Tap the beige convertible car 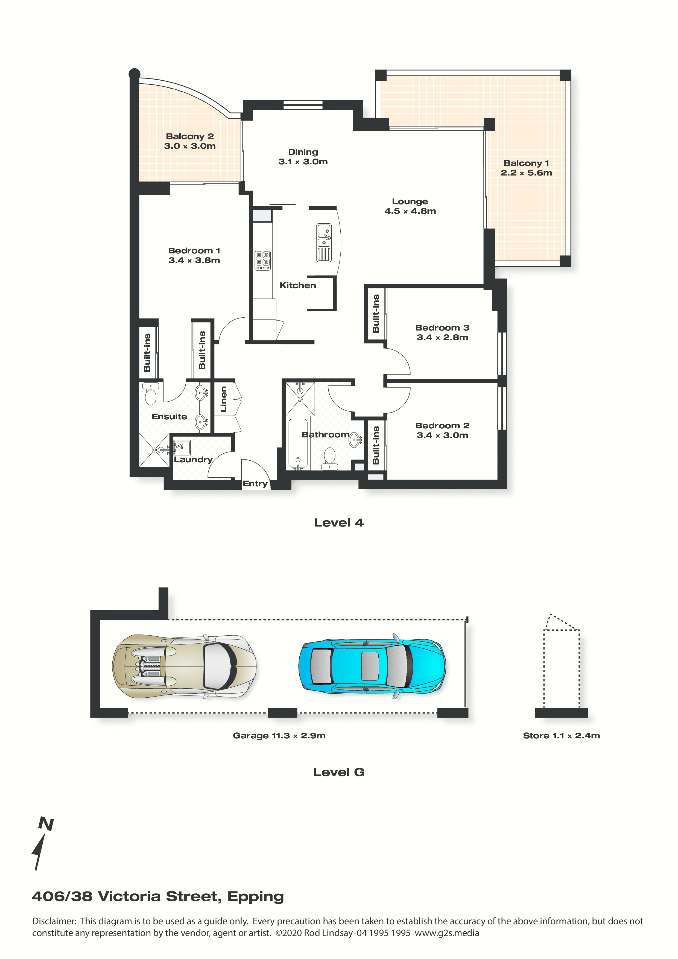(184, 666)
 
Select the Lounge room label (410, 201)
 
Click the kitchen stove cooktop (263, 260)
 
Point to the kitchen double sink (324, 243)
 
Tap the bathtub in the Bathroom (298, 443)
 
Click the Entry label (255, 483)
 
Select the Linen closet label (223, 399)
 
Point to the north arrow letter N (46, 824)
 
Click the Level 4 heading (339, 522)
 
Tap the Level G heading (339, 772)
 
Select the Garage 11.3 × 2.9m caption (279, 736)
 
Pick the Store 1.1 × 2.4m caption (562, 736)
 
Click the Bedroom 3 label (442, 328)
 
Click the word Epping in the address (256, 896)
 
